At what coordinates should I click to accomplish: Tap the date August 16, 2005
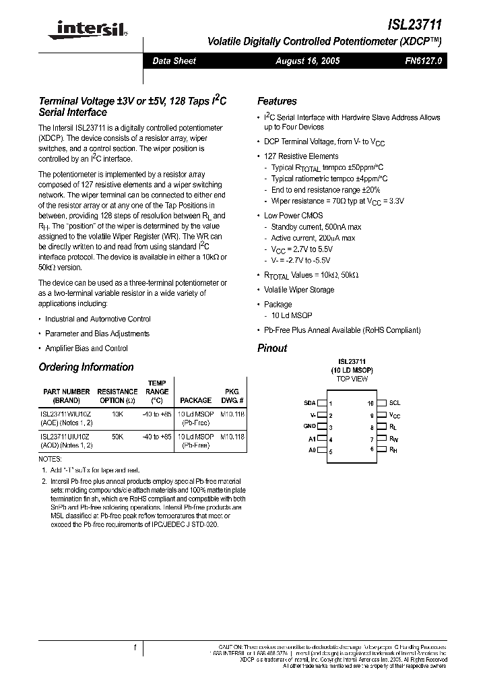point(308,61)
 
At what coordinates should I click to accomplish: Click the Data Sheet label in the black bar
point(174,61)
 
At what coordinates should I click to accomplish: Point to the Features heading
point(277,101)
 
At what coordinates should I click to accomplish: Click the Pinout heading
point(272,348)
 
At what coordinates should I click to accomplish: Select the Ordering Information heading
point(86,367)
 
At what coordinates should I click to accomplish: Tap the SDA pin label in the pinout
point(310,403)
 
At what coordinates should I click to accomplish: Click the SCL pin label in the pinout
point(395,403)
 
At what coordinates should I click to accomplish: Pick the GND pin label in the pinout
point(309,427)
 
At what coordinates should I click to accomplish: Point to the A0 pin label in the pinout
point(312,450)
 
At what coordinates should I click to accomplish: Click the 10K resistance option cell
point(117,414)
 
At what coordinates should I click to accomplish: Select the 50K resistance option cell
point(117,437)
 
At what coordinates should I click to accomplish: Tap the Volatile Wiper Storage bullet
point(299,290)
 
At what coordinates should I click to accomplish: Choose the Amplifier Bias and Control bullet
point(86,348)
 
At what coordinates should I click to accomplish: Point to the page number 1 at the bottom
point(135,648)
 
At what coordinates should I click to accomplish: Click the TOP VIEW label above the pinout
point(352,379)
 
